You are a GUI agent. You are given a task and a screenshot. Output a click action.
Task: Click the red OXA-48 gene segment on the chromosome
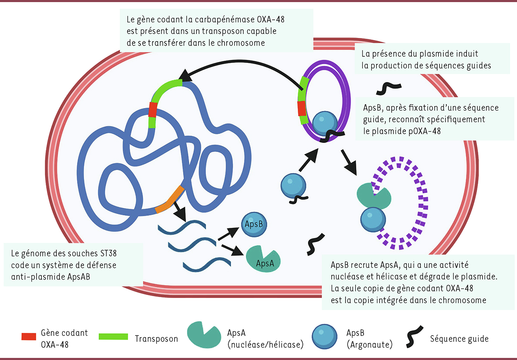(153, 110)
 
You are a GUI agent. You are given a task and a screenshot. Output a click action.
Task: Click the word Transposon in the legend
(156, 339)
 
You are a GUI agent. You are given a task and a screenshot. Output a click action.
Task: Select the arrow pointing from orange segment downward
(179, 212)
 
